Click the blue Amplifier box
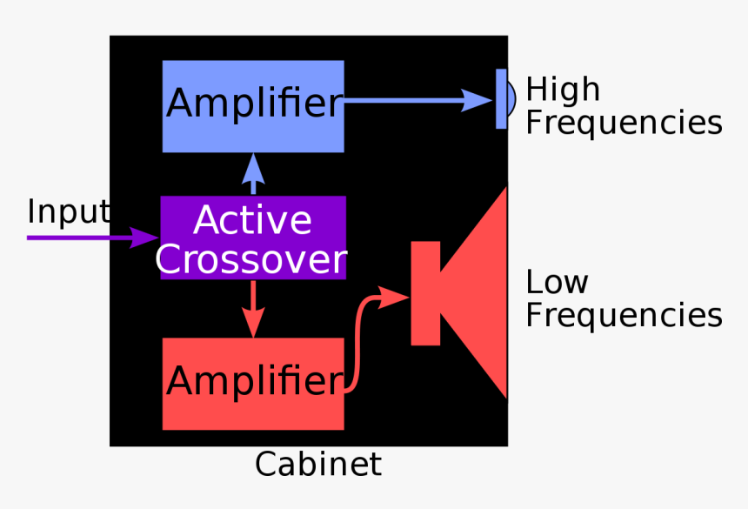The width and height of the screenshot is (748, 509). pyautogui.click(x=253, y=106)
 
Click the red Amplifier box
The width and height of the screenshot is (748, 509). pyautogui.click(x=253, y=384)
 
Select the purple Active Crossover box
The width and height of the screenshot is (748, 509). pyautogui.click(x=253, y=238)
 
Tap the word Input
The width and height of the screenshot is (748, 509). pyautogui.click(x=68, y=212)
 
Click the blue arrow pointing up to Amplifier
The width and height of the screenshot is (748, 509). pyautogui.click(x=253, y=174)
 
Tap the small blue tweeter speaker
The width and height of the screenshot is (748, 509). pyautogui.click(x=503, y=98)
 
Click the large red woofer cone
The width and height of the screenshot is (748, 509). pyautogui.click(x=478, y=293)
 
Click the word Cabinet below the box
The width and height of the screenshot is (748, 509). pyautogui.click(x=317, y=465)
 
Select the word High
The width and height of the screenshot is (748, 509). pyautogui.click(x=563, y=90)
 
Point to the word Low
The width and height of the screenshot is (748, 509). pyautogui.click(x=557, y=282)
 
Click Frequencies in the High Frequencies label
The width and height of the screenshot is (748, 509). pyautogui.click(x=624, y=124)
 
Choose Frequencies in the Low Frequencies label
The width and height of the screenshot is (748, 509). pyautogui.click(x=624, y=315)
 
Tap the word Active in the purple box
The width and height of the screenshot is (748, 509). pyautogui.click(x=252, y=220)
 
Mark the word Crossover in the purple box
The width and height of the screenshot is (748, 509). pyautogui.click(x=252, y=258)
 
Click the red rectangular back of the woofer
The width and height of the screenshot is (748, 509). pyautogui.click(x=425, y=293)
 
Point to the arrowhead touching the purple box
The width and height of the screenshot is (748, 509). pyautogui.click(x=146, y=237)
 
